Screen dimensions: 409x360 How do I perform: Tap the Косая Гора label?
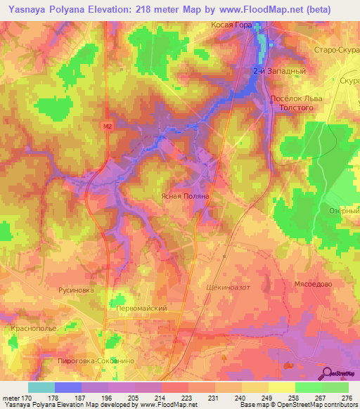232,24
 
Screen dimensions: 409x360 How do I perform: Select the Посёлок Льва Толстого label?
296,104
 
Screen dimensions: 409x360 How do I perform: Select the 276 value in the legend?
346,398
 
